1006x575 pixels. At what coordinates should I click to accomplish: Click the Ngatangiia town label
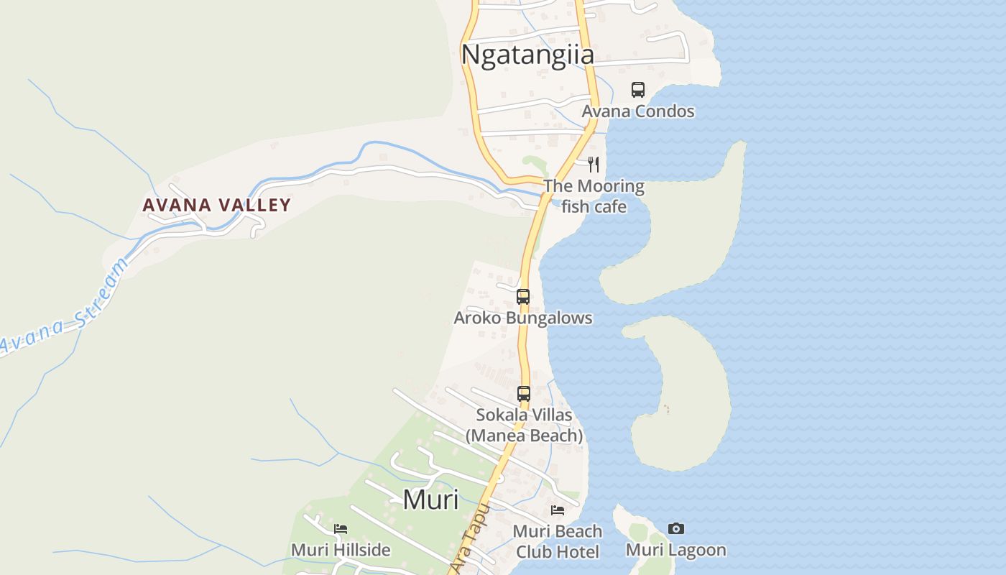pos(527,55)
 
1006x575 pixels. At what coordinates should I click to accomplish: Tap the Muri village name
pos(430,499)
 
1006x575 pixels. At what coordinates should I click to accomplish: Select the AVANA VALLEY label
pos(216,205)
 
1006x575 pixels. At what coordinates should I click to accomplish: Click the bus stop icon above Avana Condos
pos(638,90)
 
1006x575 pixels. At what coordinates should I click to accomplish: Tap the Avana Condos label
pos(638,111)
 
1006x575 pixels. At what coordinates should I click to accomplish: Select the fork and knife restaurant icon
pos(594,165)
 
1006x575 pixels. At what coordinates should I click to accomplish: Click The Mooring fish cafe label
pos(594,196)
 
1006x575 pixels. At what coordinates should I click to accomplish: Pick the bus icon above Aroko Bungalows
pos(523,297)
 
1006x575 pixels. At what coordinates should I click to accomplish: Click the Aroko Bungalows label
pos(523,318)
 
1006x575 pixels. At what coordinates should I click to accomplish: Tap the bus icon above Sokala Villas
pos(524,394)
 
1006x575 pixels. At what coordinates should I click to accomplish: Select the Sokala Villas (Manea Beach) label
pos(525,425)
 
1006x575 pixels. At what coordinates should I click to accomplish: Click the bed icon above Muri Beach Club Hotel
pos(558,510)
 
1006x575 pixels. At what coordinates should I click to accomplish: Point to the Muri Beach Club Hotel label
pos(558,541)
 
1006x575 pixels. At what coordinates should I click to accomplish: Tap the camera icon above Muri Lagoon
pos(676,529)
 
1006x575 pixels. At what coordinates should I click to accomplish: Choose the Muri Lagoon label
pos(676,550)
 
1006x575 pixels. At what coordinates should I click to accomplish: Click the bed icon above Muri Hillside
pos(341,529)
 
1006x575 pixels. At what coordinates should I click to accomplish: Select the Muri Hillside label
pos(341,550)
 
